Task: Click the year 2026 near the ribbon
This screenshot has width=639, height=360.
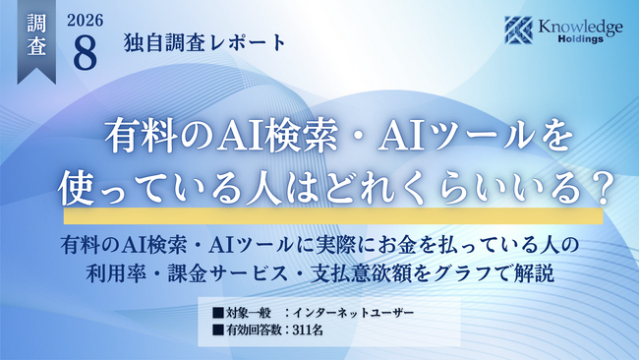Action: click(x=86, y=21)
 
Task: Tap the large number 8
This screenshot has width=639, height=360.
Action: click(x=86, y=52)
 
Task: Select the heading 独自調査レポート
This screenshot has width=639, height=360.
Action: click(x=205, y=43)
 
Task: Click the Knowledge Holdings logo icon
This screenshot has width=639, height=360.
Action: click(x=518, y=30)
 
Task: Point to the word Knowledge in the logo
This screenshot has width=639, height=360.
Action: click(x=580, y=27)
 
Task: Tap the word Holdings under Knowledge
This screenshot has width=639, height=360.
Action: click(x=581, y=39)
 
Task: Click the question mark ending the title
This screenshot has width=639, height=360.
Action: click(x=602, y=189)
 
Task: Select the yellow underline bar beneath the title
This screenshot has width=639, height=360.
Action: click(x=333, y=215)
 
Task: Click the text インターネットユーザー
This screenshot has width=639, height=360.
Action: click(x=353, y=313)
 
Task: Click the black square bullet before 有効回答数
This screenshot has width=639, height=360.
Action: click(x=218, y=330)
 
